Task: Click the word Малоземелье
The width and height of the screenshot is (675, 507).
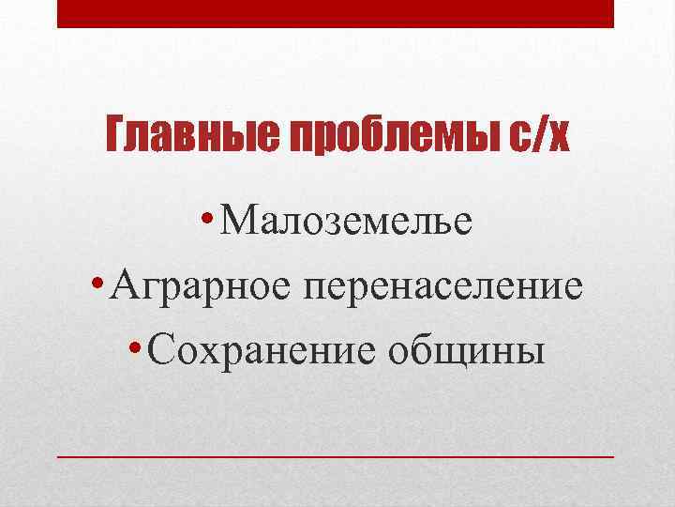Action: click(x=348, y=223)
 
